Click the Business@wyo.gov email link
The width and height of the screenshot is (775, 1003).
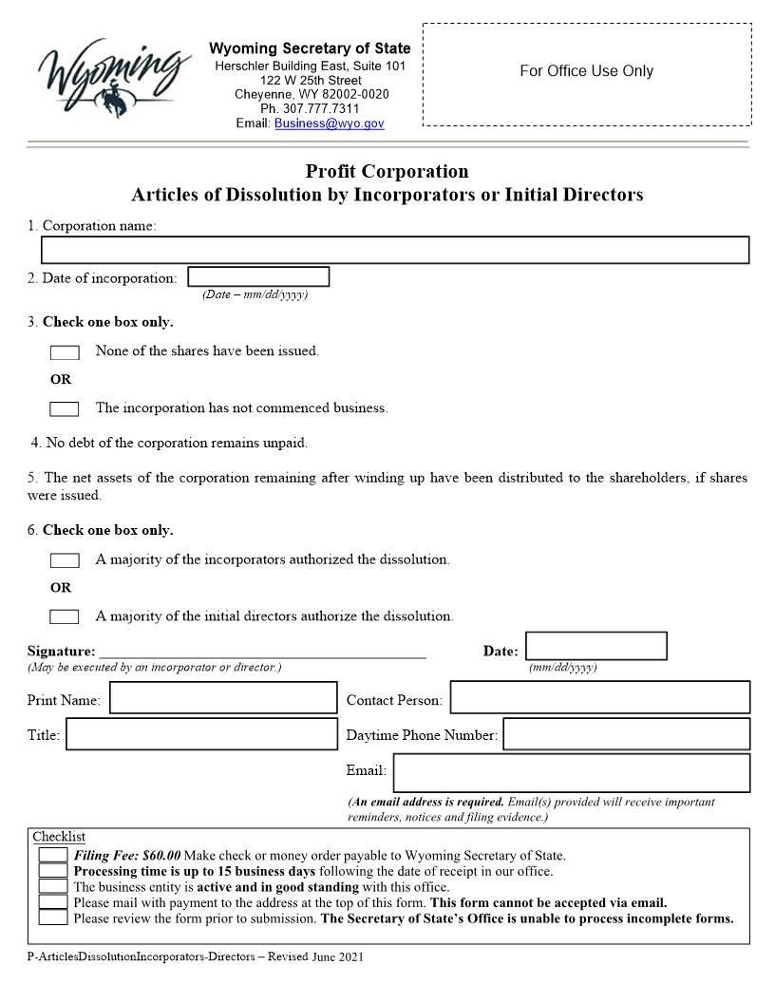tap(329, 123)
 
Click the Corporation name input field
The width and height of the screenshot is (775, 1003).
tap(395, 250)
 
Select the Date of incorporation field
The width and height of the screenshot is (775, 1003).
tap(258, 277)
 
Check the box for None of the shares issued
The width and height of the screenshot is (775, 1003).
tap(65, 352)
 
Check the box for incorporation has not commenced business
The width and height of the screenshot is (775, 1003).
tap(65, 409)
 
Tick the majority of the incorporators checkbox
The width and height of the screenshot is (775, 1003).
tap(65, 560)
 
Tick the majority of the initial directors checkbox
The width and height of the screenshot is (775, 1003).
tap(65, 617)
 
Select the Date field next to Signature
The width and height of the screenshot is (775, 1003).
tap(595, 647)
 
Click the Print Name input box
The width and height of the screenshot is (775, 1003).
tap(223, 698)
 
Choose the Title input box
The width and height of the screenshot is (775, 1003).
tap(201, 734)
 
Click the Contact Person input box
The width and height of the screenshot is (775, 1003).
tap(599, 697)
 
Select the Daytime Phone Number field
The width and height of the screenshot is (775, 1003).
tap(626, 734)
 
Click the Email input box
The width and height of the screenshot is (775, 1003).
tap(571, 772)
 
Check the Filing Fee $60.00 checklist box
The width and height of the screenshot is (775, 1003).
tap(53, 856)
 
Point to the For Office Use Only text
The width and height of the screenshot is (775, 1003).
tap(586, 71)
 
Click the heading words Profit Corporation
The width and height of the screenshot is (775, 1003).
tap(387, 172)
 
